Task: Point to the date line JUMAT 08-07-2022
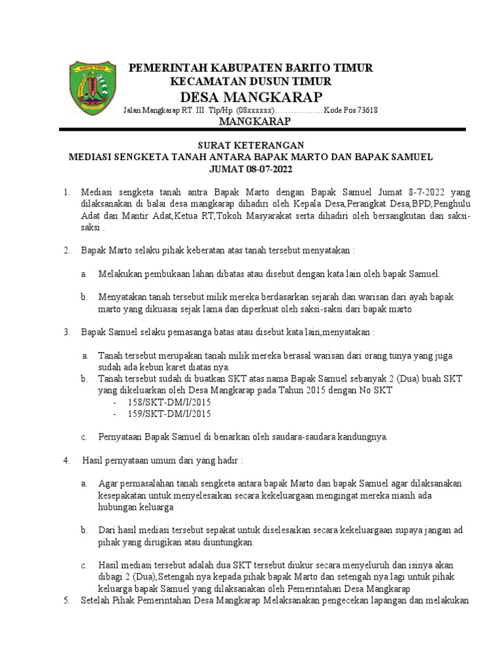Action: click(x=251, y=169)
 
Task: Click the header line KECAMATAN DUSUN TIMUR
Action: click(x=250, y=81)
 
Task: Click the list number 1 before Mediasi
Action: click(x=66, y=193)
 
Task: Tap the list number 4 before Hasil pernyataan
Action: click(x=66, y=460)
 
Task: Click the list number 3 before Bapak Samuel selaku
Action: click(x=66, y=333)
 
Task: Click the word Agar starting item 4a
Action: click(x=107, y=483)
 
